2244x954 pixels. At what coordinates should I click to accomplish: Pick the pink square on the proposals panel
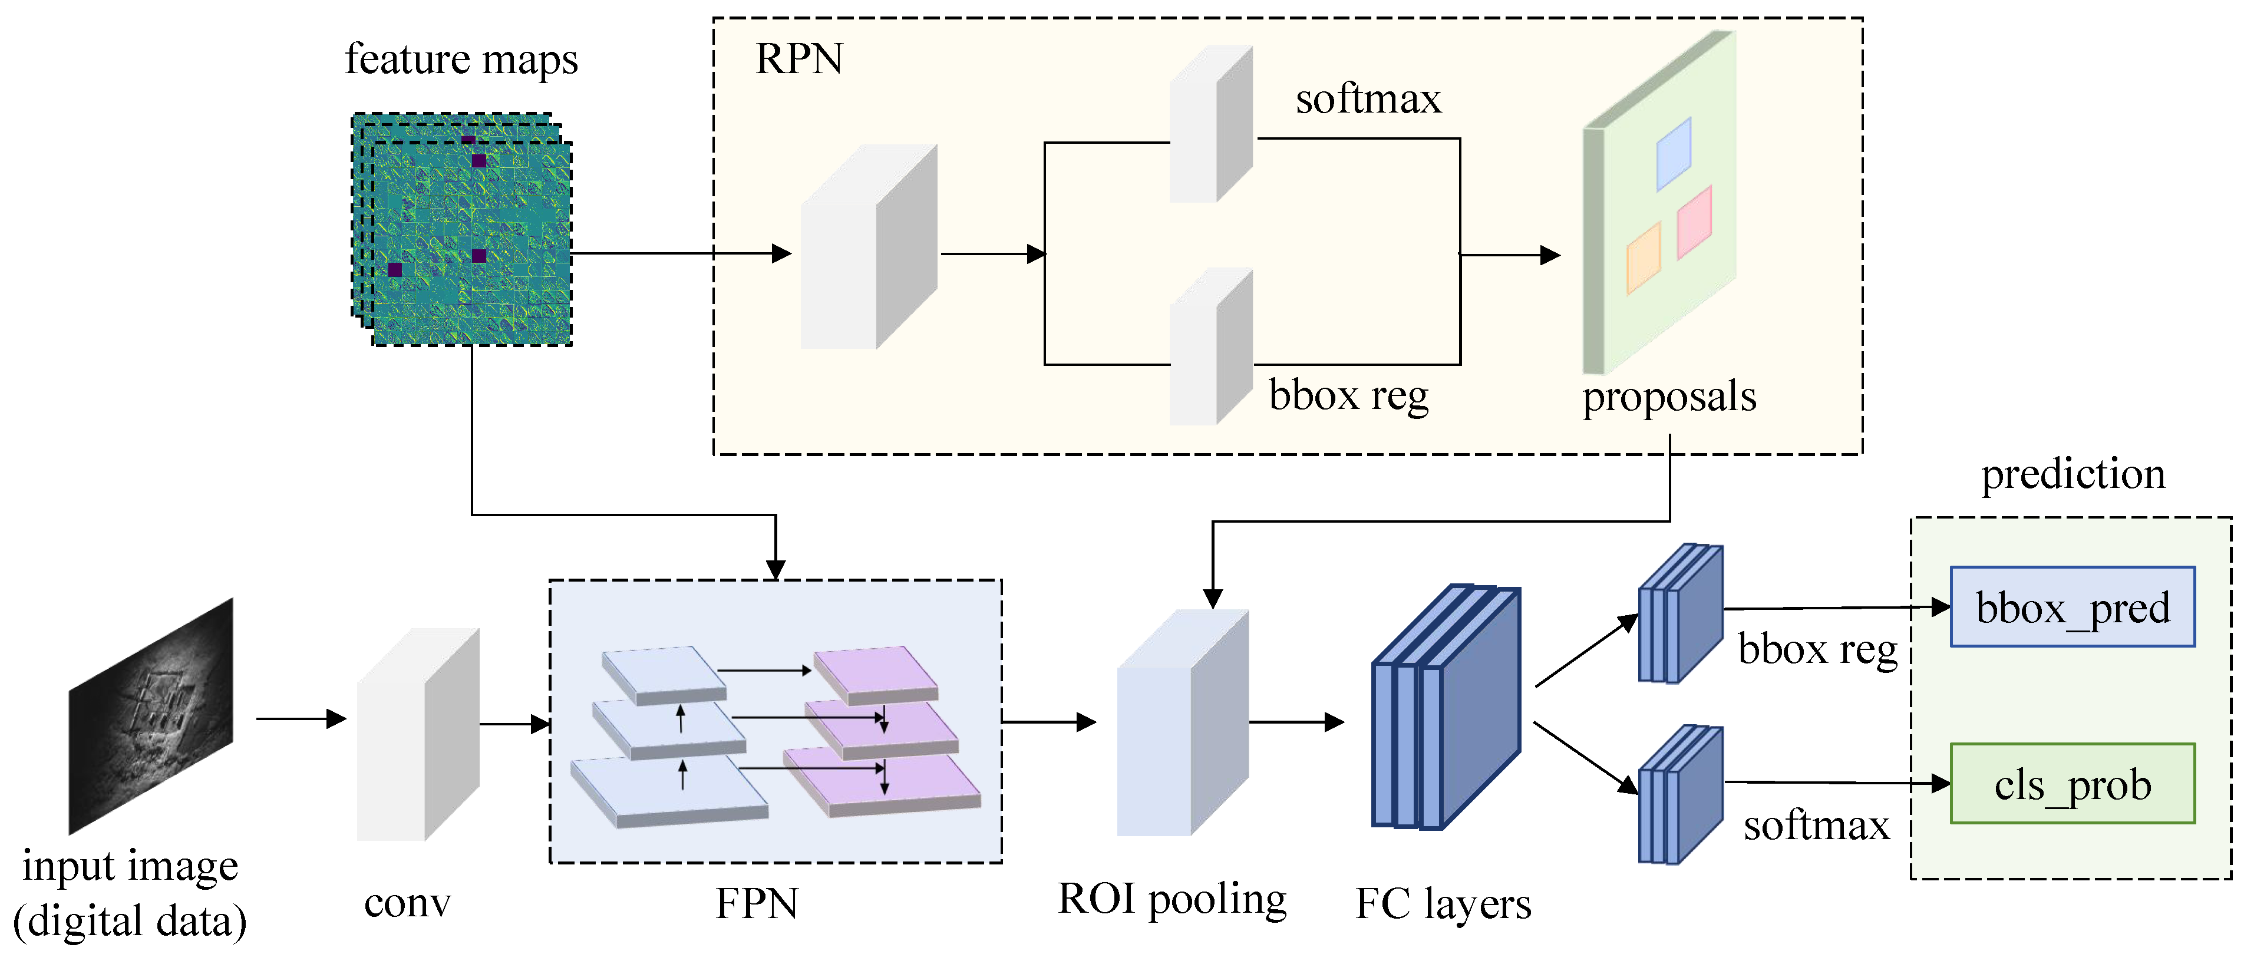(1694, 222)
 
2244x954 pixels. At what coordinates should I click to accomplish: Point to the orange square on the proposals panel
(1643, 258)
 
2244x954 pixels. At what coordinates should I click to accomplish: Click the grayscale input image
(151, 716)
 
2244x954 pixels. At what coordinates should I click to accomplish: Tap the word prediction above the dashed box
(2073, 475)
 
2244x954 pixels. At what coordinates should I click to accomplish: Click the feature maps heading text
(461, 60)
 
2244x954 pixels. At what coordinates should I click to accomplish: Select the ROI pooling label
(1171, 899)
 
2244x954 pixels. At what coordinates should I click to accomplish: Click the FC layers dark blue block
(1446, 708)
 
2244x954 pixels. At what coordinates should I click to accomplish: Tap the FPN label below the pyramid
(756, 903)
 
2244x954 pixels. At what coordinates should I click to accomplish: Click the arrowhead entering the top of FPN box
(775, 570)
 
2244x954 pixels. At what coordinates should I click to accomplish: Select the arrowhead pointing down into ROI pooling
(1213, 599)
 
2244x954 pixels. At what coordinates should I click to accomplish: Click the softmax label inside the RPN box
(1368, 98)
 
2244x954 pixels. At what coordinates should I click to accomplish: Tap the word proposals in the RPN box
(1668, 397)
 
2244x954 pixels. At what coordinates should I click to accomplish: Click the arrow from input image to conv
(301, 719)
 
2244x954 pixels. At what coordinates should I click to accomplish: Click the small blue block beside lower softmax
(1679, 794)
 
